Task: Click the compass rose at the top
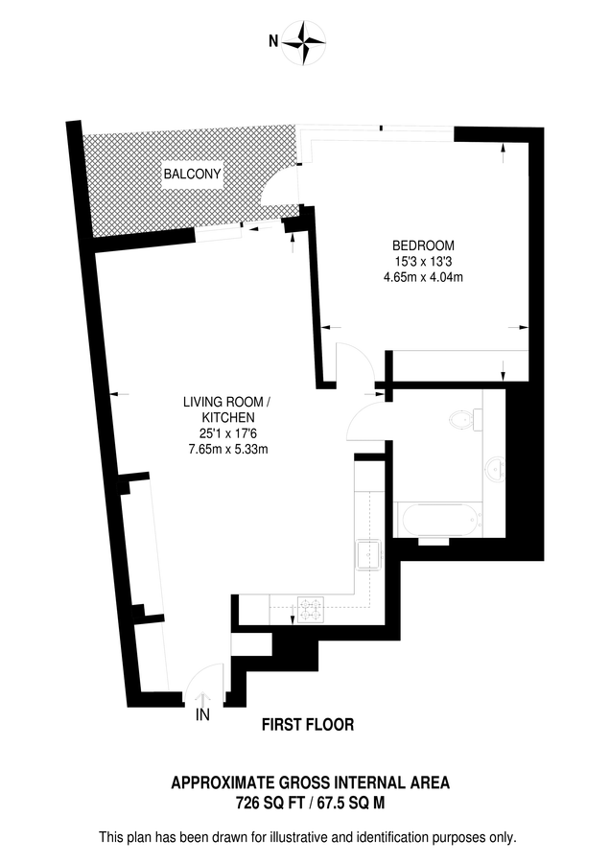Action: pos(304,43)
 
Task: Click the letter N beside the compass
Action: pos(273,40)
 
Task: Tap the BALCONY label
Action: pos(192,174)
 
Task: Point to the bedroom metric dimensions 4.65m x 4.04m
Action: pos(423,277)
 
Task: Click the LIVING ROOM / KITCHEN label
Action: pos(227,409)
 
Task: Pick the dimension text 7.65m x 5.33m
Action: pos(228,449)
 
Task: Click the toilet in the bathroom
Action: pos(466,421)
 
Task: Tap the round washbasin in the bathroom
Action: pos(496,470)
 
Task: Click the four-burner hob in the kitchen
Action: pos(311,610)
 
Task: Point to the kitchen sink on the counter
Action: pos(369,554)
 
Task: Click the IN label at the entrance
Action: pos(202,715)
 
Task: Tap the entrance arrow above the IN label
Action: pos(202,699)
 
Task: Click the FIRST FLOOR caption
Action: pos(308,725)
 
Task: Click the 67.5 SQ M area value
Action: pos(351,804)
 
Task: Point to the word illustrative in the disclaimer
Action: pos(303,838)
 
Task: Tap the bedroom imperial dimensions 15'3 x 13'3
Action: pos(423,262)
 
